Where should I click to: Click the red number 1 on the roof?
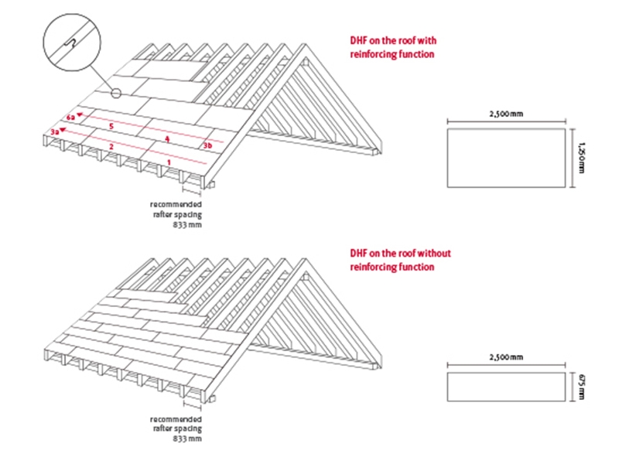169,162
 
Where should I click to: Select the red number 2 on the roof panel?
111,146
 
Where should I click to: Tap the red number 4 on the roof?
167,139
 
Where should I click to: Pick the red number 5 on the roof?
111,126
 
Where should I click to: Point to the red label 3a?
55,131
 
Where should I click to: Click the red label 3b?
207,145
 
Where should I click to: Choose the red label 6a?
70,118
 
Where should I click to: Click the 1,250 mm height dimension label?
581,158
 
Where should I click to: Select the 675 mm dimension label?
581,387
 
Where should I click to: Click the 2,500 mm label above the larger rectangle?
506,114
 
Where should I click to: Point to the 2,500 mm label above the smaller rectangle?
506,357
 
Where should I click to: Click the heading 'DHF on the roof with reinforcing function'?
393,47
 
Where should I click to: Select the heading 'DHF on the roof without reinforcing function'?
400,260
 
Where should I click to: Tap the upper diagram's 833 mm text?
187,225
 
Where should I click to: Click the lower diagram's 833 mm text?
187,438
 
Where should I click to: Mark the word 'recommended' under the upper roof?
176,204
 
